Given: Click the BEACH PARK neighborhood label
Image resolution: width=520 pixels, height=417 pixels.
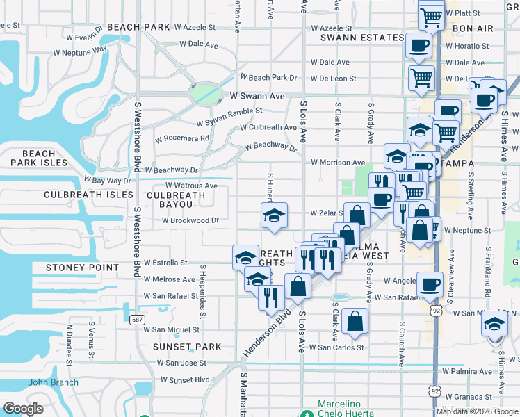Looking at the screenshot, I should (139, 27).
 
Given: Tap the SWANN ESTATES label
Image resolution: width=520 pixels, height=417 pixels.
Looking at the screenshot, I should (362, 38).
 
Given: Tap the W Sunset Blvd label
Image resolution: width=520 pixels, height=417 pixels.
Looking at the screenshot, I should (184, 380).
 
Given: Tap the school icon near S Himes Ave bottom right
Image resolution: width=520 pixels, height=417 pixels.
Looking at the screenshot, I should (494, 324).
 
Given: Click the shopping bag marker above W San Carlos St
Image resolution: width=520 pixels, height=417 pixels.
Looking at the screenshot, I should (355, 321).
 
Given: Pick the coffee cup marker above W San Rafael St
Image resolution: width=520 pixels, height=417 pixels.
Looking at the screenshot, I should (430, 284).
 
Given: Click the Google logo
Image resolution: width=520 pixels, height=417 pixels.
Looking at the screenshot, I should (24, 409).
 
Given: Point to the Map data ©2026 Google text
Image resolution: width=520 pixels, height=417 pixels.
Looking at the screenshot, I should (477, 411).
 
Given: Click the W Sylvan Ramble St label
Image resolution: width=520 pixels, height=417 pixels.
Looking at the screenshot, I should (229, 111).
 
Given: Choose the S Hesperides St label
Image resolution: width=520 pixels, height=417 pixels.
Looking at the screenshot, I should (202, 291).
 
